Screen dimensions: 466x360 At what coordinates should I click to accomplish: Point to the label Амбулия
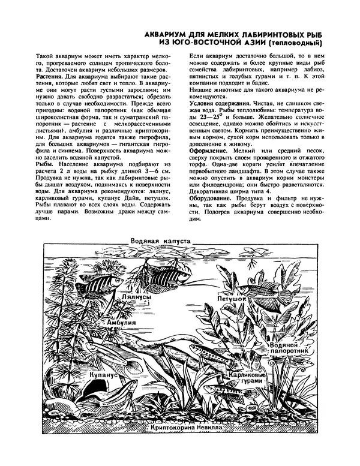(x=118, y=322)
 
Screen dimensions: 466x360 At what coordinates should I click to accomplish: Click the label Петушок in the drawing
(x=232, y=297)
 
